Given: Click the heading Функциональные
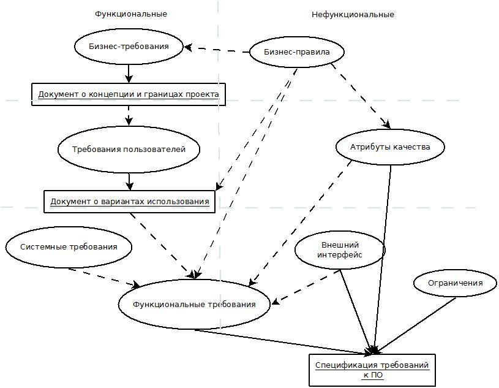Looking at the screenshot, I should tap(130, 13).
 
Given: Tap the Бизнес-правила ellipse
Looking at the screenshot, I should tap(297, 52).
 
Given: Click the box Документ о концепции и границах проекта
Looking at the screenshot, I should tap(128, 94).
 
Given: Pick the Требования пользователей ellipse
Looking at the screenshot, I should tap(129, 149).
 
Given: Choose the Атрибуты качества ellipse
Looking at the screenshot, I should tap(390, 147).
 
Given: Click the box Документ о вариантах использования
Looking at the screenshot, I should tap(130, 202).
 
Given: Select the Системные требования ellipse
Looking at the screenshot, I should tap(69, 247).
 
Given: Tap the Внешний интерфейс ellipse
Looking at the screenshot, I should tap(340, 250).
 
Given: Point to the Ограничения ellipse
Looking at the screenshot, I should tap(455, 283).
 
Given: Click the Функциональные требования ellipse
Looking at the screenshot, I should tap(194, 304).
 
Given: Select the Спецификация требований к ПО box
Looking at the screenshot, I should tap(372, 370).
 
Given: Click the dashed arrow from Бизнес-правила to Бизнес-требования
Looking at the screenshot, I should tap(217, 49).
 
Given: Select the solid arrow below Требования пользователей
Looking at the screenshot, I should tap(129, 181).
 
